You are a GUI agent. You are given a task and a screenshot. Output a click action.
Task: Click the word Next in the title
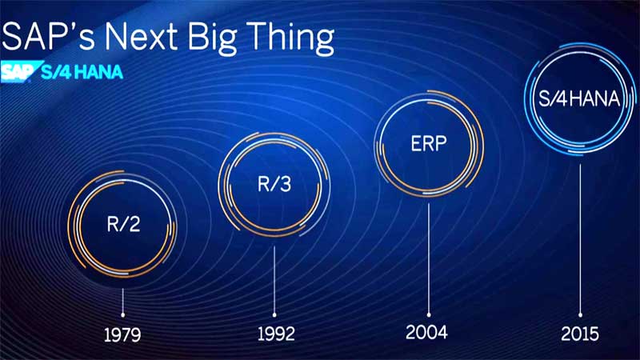[x=142, y=36]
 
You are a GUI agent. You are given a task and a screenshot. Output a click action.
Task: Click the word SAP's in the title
[x=48, y=36]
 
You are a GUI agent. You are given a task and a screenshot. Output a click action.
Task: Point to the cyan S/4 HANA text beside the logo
[x=82, y=72]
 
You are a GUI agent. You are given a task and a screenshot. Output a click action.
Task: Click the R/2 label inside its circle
[x=123, y=224]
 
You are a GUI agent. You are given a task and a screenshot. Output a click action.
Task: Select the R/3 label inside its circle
[x=274, y=184]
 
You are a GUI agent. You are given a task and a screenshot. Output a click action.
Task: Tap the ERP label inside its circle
[x=429, y=144]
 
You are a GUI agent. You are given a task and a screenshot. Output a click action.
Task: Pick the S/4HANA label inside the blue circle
[x=579, y=98]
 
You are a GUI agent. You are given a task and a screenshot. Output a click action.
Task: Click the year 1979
[x=122, y=335]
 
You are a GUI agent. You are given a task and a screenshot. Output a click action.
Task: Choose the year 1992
[x=276, y=334]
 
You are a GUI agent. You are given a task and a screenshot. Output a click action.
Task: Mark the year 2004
[x=426, y=332]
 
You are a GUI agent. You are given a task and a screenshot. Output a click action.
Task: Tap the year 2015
[x=580, y=334]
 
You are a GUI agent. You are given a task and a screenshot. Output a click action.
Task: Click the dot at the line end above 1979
[x=123, y=315]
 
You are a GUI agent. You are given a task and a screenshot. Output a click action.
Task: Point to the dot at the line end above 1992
[x=274, y=315]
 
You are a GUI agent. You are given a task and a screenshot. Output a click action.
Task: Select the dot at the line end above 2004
[x=429, y=315]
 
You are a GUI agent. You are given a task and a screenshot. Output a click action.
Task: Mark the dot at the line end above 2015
[x=581, y=315]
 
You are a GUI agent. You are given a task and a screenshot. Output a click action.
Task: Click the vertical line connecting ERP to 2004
[x=429, y=258]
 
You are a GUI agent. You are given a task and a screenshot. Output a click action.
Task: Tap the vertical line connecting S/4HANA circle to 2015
[x=581, y=238]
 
